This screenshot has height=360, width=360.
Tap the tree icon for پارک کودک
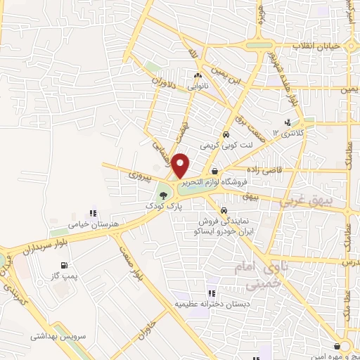(164, 195)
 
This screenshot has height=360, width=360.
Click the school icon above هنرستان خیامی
(93, 213)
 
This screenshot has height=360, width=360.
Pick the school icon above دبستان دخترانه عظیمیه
(210, 293)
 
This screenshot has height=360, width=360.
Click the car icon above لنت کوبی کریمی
(225, 135)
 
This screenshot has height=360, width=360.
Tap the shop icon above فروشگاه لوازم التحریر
(214, 171)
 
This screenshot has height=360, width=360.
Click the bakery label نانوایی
(197, 86)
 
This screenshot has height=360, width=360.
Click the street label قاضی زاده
(264, 170)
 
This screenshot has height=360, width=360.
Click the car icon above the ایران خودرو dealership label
(223, 210)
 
